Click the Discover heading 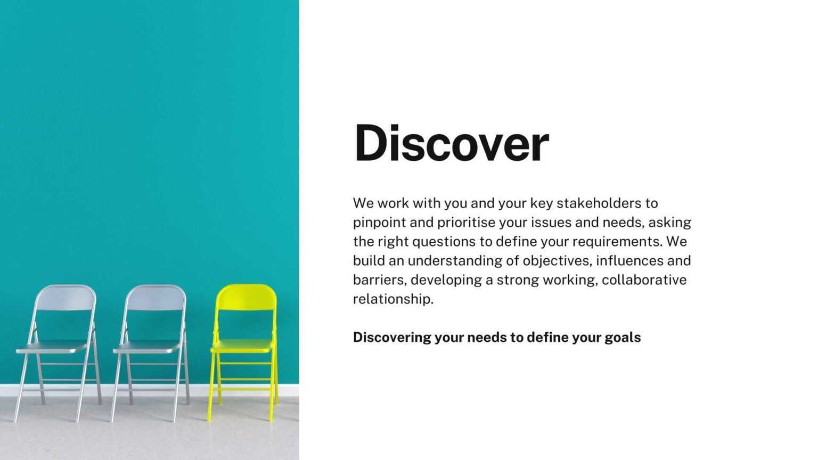(452, 143)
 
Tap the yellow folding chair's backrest (246, 298)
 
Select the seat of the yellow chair (242, 346)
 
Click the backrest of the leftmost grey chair (66, 298)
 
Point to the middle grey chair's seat (148, 347)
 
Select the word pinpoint (379, 223)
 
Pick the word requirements (617, 242)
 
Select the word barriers (380, 280)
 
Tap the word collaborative (644, 280)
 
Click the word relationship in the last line (393, 299)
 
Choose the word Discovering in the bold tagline (392, 338)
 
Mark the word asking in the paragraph (670, 223)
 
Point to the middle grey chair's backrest (156, 298)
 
